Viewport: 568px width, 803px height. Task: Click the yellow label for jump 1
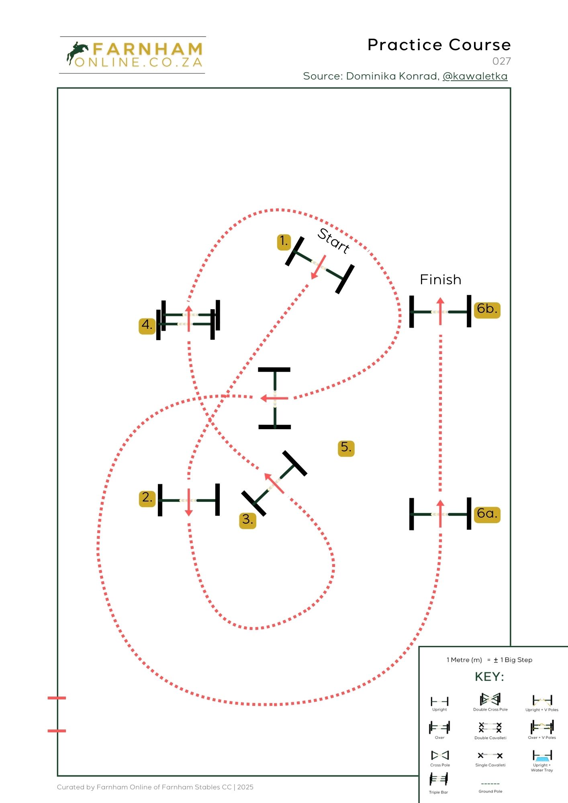(x=284, y=242)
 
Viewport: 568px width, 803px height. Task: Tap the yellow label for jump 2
(x=147, y=498)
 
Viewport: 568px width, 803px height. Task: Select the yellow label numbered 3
(x=247, y=520)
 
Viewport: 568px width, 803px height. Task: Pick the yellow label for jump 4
(x=147, y=325)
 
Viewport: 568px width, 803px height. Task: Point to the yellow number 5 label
(x=346, y=448)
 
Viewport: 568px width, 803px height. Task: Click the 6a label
(x=487, y=514)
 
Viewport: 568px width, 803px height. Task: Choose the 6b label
(x=487, y=310)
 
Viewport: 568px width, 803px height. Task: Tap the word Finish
(x=440, y=280)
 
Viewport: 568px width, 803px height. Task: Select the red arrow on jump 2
(x=188, y=502)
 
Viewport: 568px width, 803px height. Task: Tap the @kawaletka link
(x=475, y=76)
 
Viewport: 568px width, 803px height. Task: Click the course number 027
(x=501, y=61)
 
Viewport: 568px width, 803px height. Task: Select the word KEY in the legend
(x=489, y=677)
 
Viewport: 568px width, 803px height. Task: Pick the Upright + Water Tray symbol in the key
(x=542, y=756)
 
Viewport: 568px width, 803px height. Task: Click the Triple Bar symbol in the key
(x=439, y=780)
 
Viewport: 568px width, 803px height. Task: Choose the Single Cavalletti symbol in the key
(x=490, y=756)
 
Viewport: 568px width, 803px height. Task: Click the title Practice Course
(x=439, y=45)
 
